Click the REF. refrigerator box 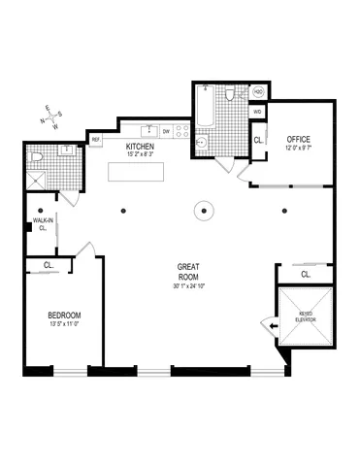tap(97, 140)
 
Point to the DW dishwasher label tap(167, 131)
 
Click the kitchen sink tap(150, 130)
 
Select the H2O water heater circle tap(259, 92)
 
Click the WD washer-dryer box tap(257, 112)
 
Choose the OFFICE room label tap(298, 139)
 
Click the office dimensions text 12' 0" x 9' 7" tap(298, 148)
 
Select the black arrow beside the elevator tap(271, 326)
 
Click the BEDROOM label tap(64, 316)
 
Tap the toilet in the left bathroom tap(35, 155)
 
